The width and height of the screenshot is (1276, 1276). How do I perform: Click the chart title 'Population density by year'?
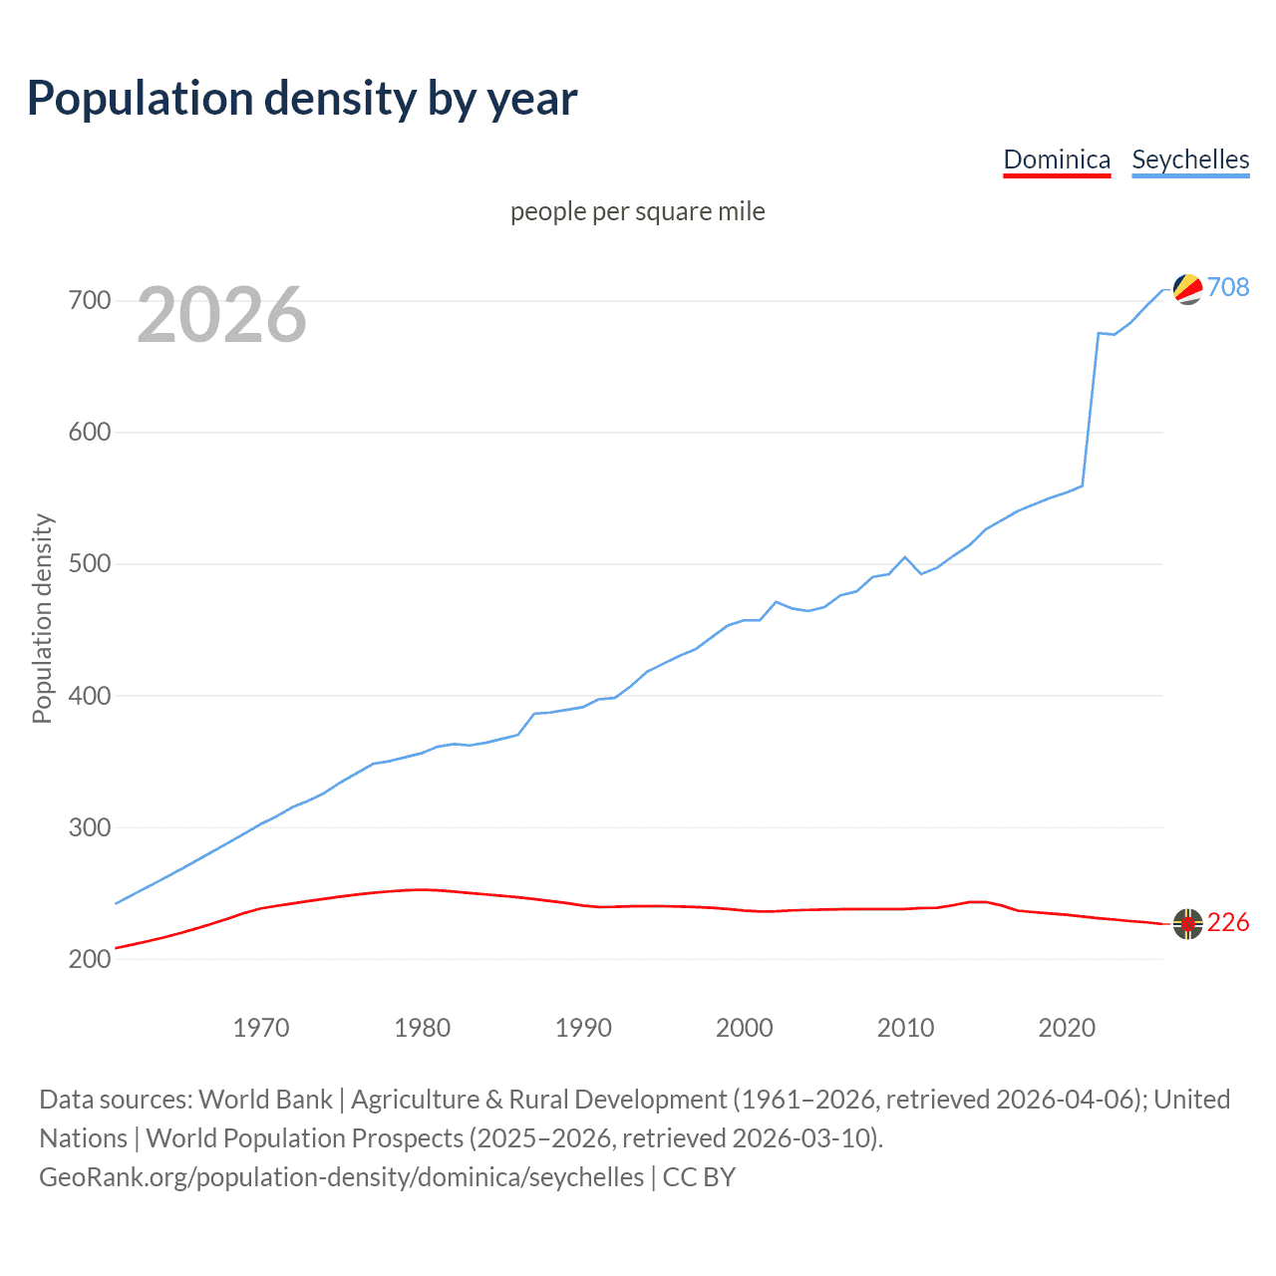[302, 99]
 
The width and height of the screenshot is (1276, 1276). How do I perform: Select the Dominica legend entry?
[1057, 160]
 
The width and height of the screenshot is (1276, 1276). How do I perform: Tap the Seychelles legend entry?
[1190, 160]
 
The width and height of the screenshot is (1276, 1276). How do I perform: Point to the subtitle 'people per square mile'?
[637, 212]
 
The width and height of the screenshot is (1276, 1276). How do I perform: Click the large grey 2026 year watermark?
[221, 315]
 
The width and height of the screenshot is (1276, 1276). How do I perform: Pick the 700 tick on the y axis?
[90, 300]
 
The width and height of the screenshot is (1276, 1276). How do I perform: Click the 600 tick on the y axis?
[90, 433]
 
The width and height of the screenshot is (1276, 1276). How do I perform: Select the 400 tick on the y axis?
[90, 696]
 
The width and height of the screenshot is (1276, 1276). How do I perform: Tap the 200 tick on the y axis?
[90, 959]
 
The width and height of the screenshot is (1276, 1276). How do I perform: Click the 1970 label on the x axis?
[261, 1028]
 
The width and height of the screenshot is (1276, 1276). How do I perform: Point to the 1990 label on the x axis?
[583, 1028]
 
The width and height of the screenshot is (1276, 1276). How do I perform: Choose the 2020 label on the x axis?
[1067, 1028]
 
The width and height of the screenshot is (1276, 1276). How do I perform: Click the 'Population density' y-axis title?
[42, 618]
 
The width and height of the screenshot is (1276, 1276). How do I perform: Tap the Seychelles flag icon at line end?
[1187, 288]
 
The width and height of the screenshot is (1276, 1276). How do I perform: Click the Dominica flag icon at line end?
[1187, 924]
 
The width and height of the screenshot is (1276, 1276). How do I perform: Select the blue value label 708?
[1228, 288]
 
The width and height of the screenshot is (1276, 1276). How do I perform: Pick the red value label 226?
[1228, 923]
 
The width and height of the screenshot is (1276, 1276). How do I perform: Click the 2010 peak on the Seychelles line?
[905, 557]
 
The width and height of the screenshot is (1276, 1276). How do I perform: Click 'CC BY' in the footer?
[699, 1177]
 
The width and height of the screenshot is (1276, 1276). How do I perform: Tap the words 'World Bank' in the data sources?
[265, 1100]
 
